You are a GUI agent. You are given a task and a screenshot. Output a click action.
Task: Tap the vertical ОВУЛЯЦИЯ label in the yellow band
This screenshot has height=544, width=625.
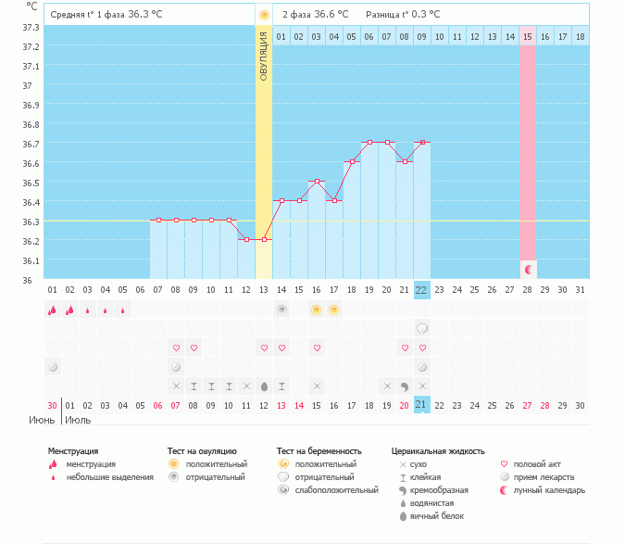[264, 57]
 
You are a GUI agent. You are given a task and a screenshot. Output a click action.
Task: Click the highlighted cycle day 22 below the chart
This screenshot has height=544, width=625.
[421, 289]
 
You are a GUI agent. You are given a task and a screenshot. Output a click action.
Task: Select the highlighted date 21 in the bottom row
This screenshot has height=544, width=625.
[421, 405]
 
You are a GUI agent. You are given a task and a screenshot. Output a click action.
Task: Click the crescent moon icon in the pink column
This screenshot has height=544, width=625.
[528, 269]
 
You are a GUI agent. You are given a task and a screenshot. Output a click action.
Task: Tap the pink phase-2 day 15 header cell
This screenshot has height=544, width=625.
[528, 36]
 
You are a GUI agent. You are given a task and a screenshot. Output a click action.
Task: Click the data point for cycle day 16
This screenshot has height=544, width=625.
[317, 182]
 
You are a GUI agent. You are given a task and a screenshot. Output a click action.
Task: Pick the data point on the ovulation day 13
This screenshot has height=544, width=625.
[264, 240]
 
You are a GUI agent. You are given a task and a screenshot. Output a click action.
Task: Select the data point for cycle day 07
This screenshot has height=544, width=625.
[158, 221]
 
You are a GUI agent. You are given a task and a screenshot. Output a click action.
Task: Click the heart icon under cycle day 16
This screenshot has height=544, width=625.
[317, 348]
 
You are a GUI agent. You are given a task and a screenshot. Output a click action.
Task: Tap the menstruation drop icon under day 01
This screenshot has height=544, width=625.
[52, 310]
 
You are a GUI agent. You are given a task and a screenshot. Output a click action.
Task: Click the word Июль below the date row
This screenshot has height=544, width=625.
[76, 420]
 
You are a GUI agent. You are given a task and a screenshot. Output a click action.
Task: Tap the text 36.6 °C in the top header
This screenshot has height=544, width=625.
[331, 15]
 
